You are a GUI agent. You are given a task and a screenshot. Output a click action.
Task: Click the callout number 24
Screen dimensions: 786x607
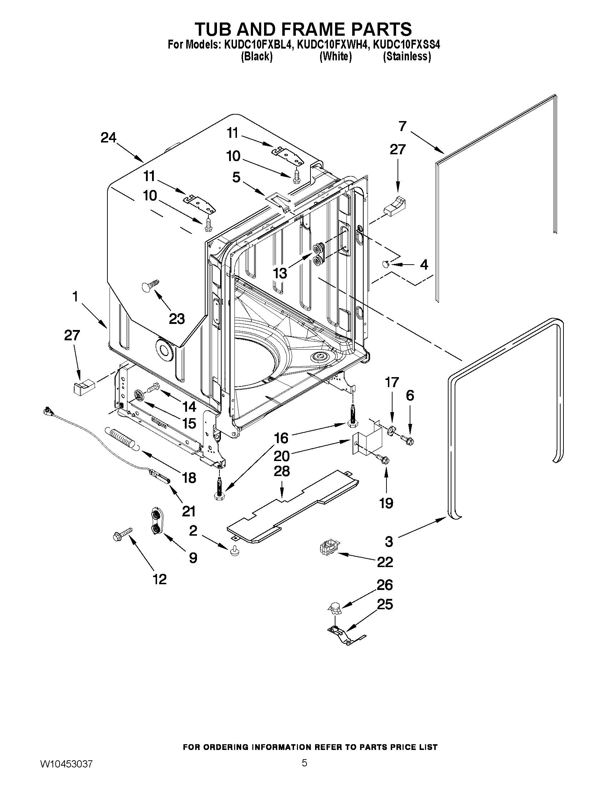pyautogui.click(x=108, y=137)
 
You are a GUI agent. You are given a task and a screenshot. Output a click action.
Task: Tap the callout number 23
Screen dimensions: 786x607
pyautogui.click(x=177, y=319)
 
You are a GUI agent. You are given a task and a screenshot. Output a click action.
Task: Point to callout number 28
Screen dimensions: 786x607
pyautogui.click(x=282, y=471)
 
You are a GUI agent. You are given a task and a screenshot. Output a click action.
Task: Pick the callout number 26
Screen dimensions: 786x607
pyautogui.click(x=384, y=585)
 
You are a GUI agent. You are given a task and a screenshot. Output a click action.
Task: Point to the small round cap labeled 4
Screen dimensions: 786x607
pyautogui.click(x=386, y=265)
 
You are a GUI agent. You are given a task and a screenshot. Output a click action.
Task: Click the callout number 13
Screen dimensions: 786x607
pyautogui.click(x=280, y=273)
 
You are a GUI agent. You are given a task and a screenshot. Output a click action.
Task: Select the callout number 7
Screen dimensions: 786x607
pyautogui.click(x=402, y=126)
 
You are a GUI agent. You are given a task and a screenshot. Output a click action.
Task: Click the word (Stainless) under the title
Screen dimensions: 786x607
pyautogui.click(x=407, y=56)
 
